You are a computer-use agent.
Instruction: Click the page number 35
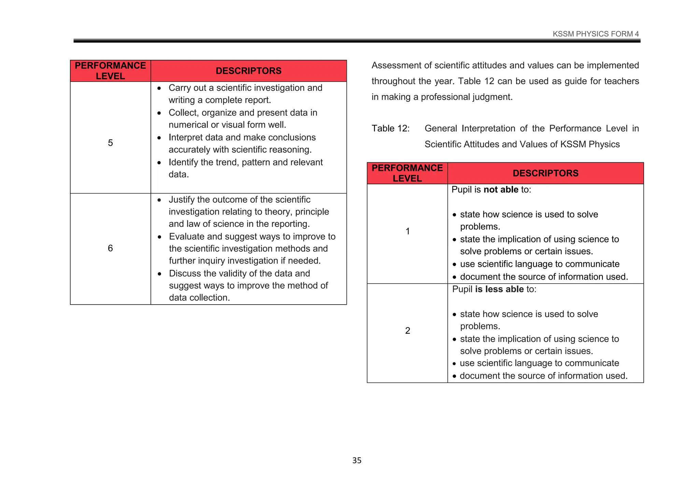[x=357, y=460]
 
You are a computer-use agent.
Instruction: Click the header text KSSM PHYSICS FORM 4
[x=596, y=34]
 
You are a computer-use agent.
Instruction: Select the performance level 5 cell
[x=110, y=143]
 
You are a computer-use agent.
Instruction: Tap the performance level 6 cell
[x=110, y=248]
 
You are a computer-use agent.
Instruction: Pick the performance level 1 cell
[x=408, y=231]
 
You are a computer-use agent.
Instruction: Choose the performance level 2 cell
[x=408, y=331]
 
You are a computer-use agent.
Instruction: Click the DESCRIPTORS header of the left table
[x=248, y=71]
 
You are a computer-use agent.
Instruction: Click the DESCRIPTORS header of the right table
[x=545, y=173]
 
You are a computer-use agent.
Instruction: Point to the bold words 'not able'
[x=501, y=190]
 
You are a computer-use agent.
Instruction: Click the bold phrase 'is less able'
[x=499, y=289]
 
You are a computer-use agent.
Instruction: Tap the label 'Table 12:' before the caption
[x=390, y=129]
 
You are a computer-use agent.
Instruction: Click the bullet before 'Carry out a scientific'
[x=159, y=88]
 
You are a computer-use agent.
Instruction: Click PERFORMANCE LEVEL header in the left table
[x=110, y=71]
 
